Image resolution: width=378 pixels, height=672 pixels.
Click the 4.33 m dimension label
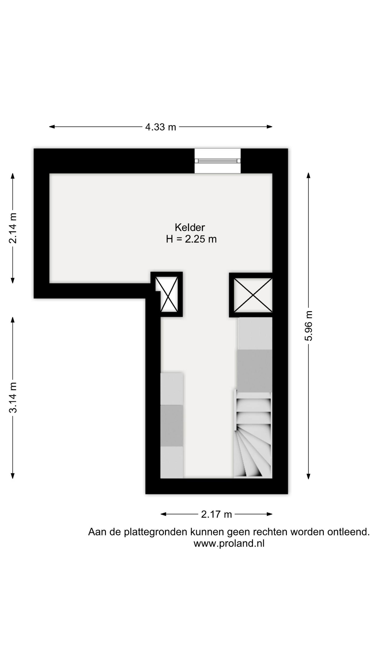click(x=161, y=127)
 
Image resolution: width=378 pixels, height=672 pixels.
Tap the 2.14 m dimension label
click(x=13, y=228)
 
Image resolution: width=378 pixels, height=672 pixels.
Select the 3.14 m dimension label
click(x=13, y=398)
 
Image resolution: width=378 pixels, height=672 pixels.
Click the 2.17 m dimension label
click(x=216, y=514)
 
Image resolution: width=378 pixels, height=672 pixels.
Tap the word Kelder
click(x=190, y=227)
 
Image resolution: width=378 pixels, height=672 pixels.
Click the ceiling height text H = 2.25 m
click(x=191, y=239)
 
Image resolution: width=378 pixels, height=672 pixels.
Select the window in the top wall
click(x=217, y=161)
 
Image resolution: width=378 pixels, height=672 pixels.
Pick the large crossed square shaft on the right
click(x=253, y=295)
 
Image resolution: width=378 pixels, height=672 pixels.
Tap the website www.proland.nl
click(x=229, y=543)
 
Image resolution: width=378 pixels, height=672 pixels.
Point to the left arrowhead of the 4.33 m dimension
click(x=52, y=127)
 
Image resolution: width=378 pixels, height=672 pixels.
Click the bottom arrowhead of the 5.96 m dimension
click(x=308, y=476)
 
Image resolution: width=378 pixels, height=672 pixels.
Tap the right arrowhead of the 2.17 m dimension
click(x=269, y=514)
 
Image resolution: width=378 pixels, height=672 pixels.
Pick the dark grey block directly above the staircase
click(x=254, y=371)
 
